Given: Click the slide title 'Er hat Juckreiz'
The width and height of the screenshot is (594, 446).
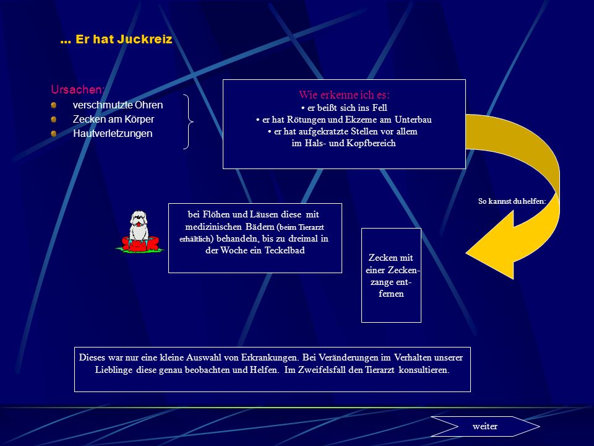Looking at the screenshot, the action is click(124, 39).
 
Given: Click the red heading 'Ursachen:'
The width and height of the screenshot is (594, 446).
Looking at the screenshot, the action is click(77, 89).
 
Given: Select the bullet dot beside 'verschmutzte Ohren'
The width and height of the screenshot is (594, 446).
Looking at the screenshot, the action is click(54, 105).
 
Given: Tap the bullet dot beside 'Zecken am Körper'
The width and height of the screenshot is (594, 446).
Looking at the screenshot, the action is click(54, 120).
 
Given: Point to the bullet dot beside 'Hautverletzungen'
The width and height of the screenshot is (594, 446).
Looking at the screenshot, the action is click(54, 134).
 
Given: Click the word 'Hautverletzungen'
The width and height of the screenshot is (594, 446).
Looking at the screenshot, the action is click(113, 134).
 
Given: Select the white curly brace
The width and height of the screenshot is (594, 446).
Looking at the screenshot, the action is click(188, 121).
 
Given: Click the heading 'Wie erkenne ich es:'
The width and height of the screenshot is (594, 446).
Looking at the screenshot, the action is click(344, 94).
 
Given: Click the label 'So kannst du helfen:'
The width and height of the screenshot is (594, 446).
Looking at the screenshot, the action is click(512, 201).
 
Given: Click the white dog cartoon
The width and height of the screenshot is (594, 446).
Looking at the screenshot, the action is click(139, 226).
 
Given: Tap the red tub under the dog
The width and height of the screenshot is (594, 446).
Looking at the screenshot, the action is click(140, 243).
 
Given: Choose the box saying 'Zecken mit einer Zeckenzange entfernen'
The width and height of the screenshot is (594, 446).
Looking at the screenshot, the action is click(391, 275).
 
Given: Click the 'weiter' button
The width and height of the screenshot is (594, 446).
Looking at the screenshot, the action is click(485, 426).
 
